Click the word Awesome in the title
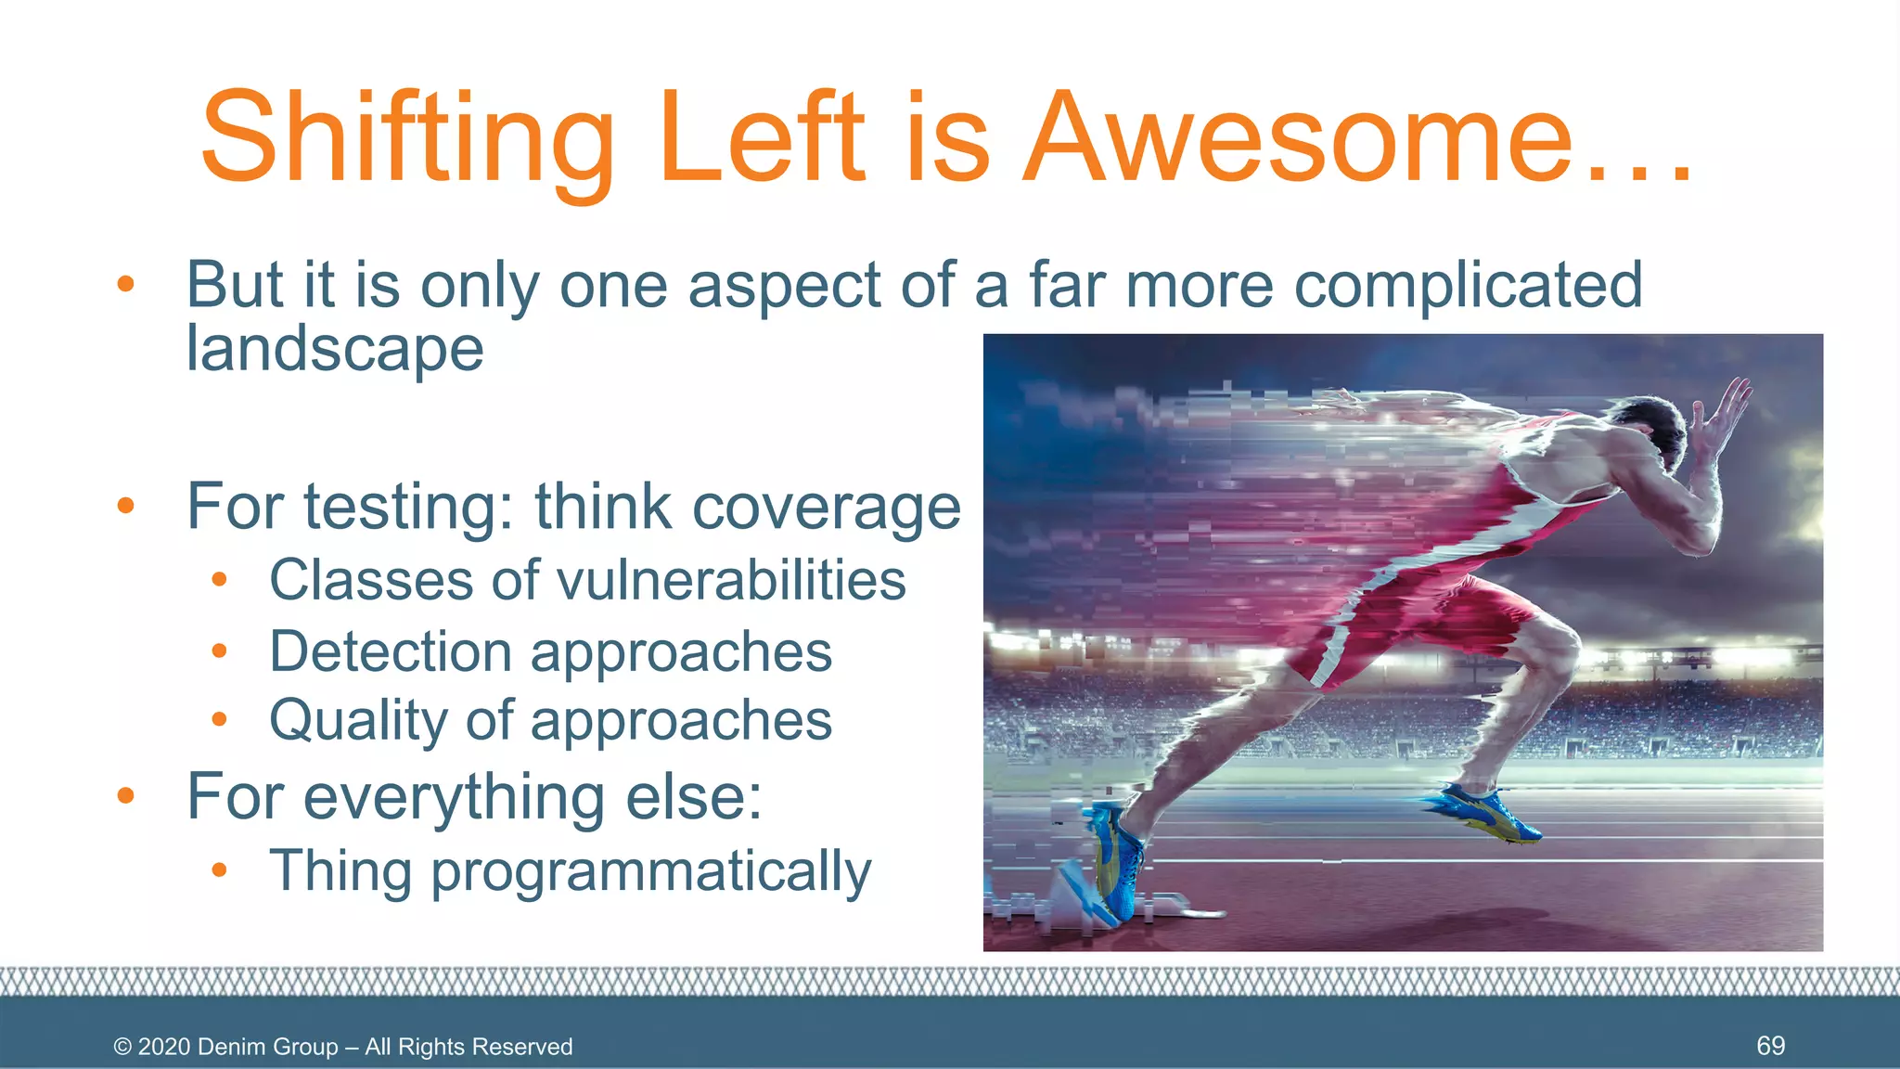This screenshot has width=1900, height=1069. click(1299, 139)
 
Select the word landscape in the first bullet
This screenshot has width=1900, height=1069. click(335, 349)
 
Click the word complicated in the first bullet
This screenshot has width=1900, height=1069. click(1468, 285)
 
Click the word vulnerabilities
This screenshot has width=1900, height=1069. click(730, 581)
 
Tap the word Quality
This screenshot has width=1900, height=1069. click(358, 721)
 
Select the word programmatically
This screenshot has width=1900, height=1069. click(650, 872)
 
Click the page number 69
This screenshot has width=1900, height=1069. click(1770, 1046)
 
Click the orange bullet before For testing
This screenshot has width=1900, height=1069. click(126, 506)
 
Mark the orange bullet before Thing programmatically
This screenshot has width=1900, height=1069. click(219, 870)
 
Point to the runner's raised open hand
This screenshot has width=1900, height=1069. click(1726, 408)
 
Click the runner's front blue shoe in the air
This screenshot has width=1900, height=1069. click(1484, 813)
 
